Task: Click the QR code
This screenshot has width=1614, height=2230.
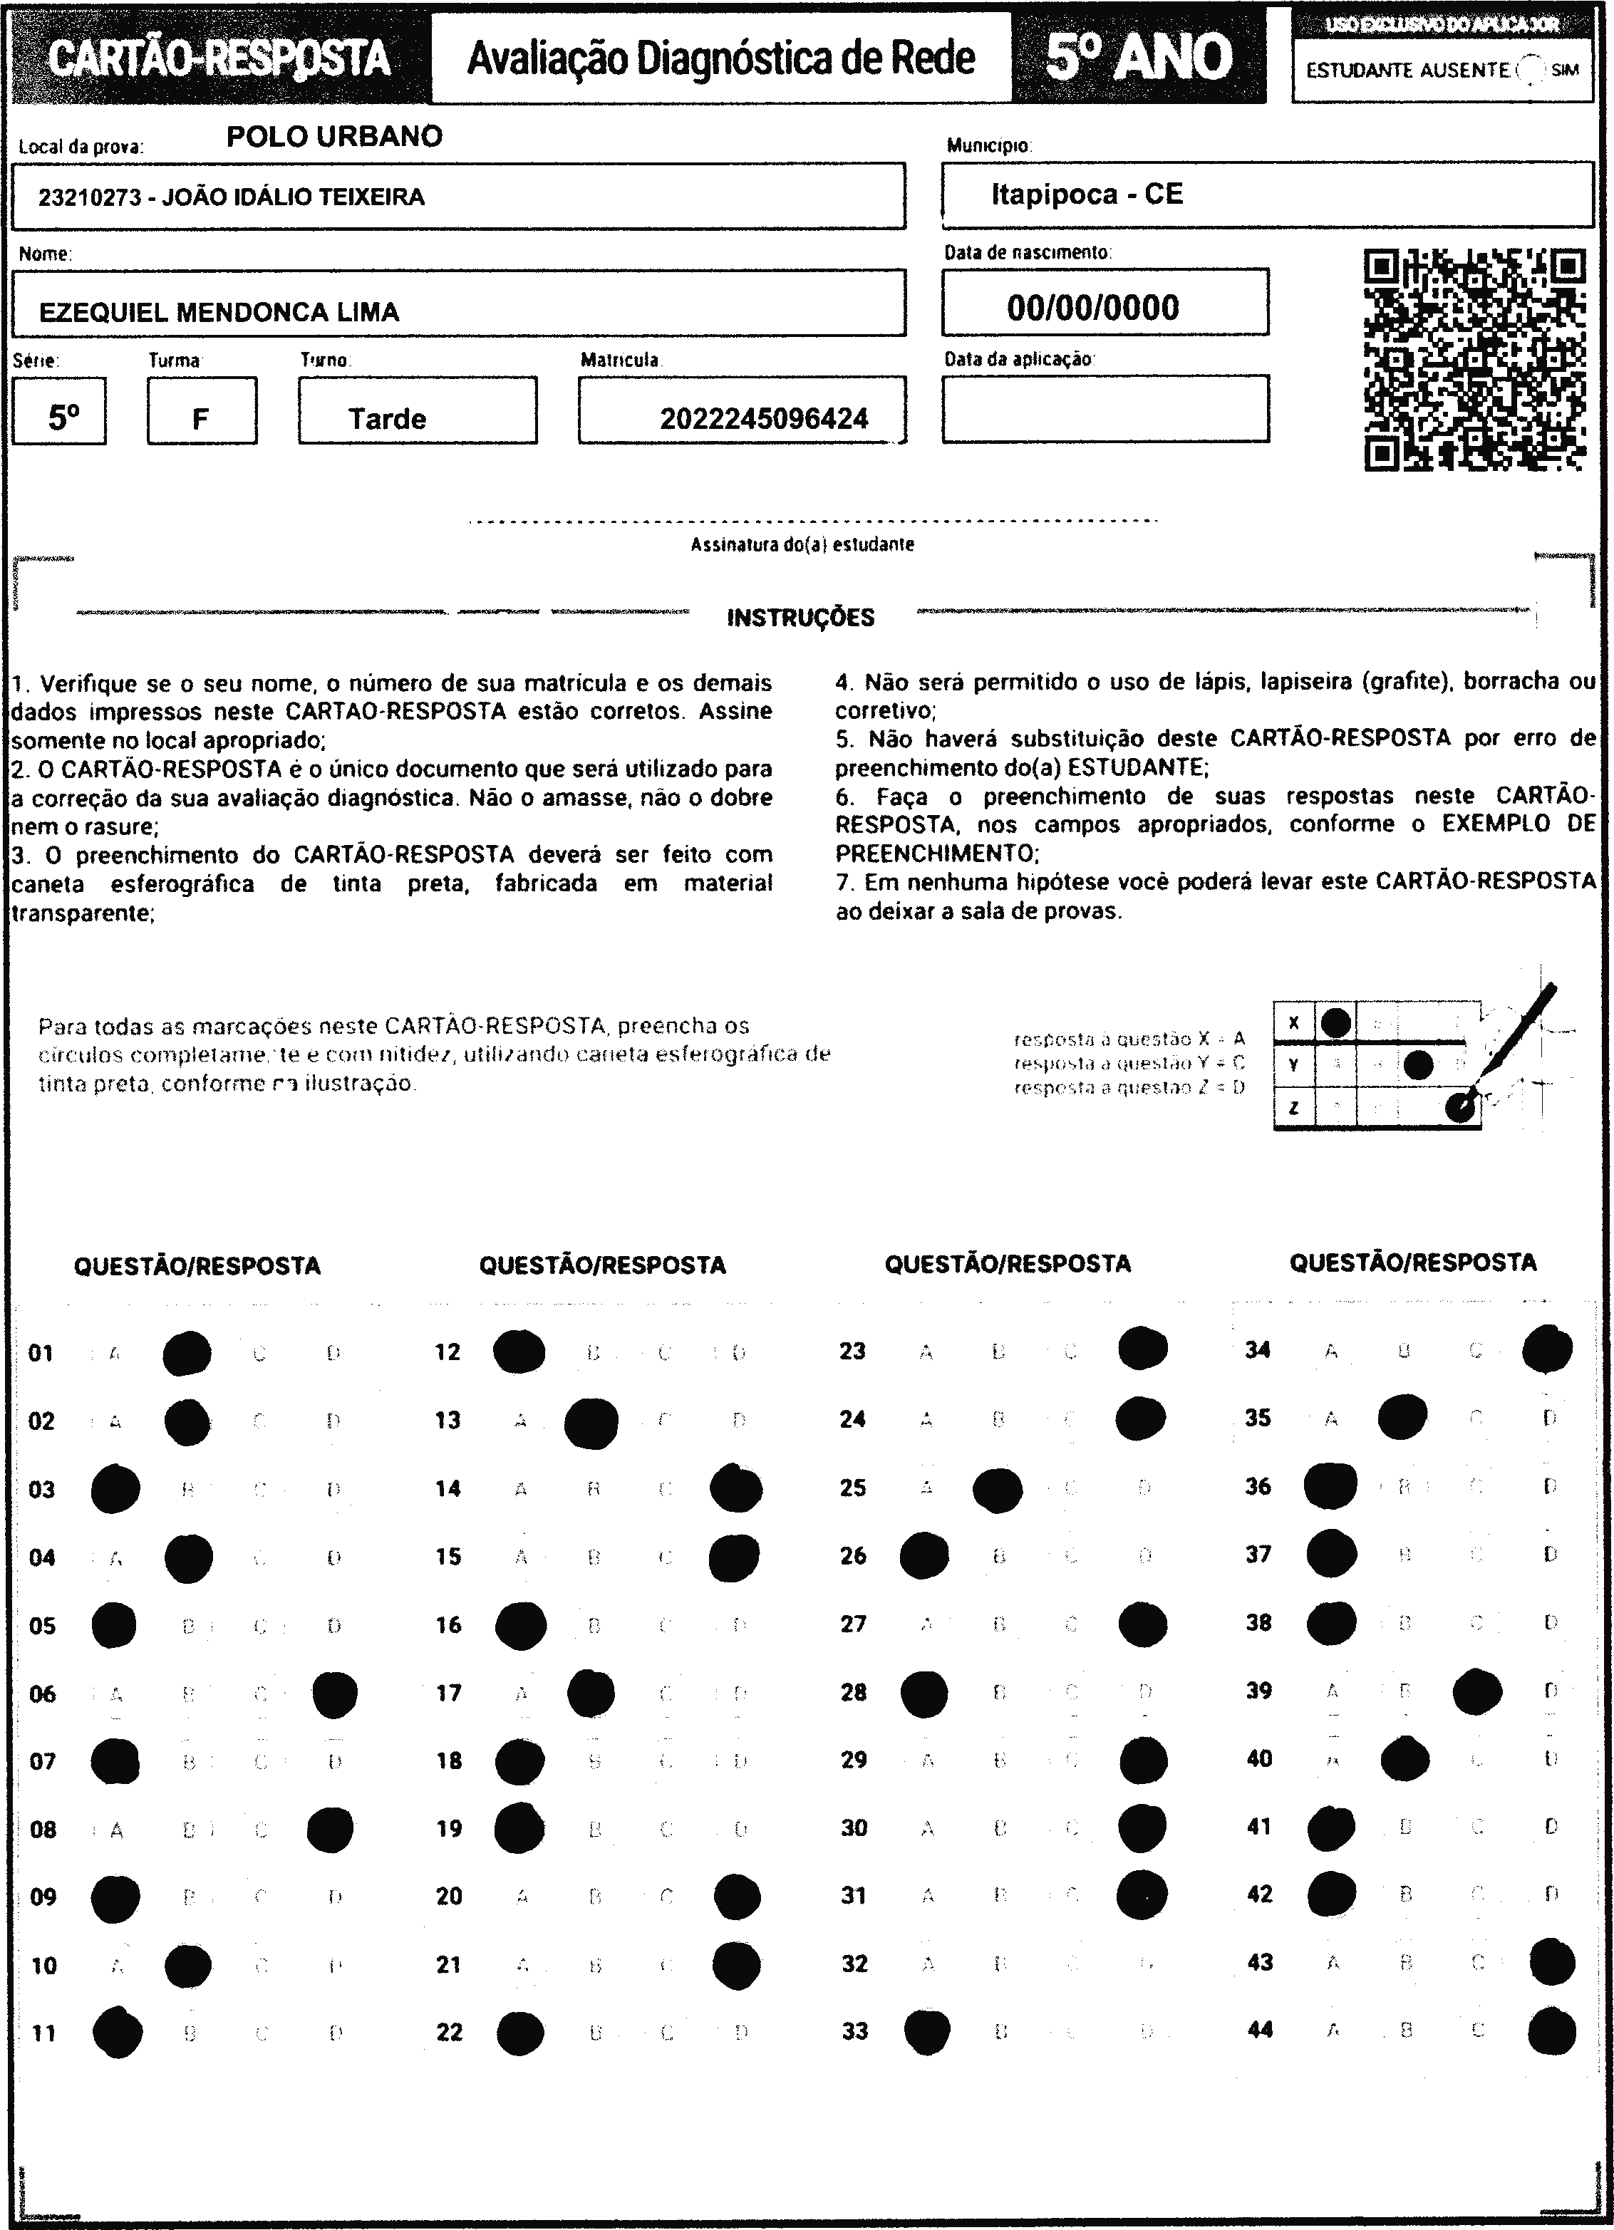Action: point(1474,359)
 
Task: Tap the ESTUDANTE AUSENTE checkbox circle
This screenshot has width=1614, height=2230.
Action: point(1531,70)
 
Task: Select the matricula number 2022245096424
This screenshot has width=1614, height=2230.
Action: point(763,419)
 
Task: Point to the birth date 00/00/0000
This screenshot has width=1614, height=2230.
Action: point(1092,308)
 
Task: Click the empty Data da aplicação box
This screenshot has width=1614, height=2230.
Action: point(1105,409)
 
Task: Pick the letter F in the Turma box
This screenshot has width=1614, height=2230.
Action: point(201,420)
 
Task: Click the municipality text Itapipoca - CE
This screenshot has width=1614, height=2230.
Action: point(1087,194)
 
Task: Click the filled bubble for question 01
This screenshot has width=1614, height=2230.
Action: point(187,1353)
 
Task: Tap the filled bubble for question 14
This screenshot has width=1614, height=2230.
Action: point(735,1488)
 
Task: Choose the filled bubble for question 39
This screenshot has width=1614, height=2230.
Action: point(1476,1691)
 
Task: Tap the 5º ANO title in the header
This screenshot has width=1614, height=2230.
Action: point(1138,58)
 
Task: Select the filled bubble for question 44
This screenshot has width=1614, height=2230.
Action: point(1552,2031)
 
